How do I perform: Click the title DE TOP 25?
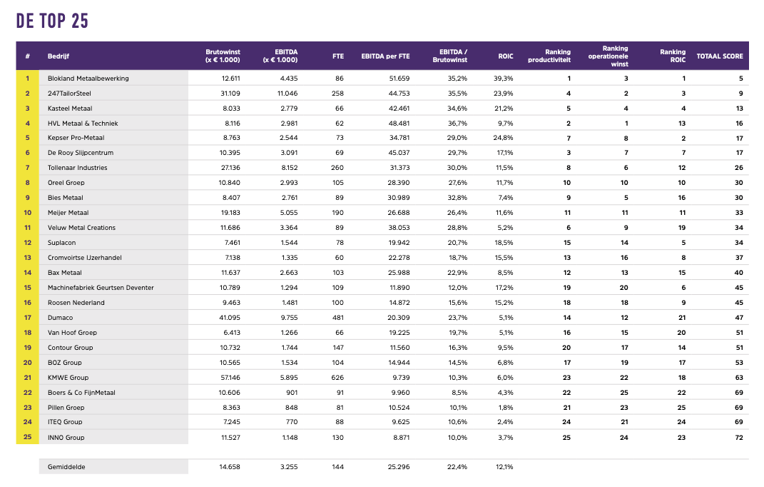[x=52, y=21]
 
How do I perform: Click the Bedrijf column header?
[x=58, y=56]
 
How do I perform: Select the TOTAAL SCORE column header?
[x=719, y=56]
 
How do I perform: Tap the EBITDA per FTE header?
[x=385, y=56]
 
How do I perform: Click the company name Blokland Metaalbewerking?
[x=88, y=79]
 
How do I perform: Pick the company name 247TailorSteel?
[x=70, y=94]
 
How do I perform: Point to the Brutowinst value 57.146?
[x=230, y=378]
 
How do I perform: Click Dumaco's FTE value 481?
[x=337, y=318]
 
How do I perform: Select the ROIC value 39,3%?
[x=504, y=79]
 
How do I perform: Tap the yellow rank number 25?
[x=27, y=437]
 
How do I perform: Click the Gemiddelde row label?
[x=66, y=467]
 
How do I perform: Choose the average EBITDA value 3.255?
[x=287, y=467]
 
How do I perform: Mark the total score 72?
[x=738, y=437]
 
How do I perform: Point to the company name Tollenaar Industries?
[x=78, y=168]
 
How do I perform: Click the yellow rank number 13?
[x=27, y=258]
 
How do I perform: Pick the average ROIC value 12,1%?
[x=504, y=467]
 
